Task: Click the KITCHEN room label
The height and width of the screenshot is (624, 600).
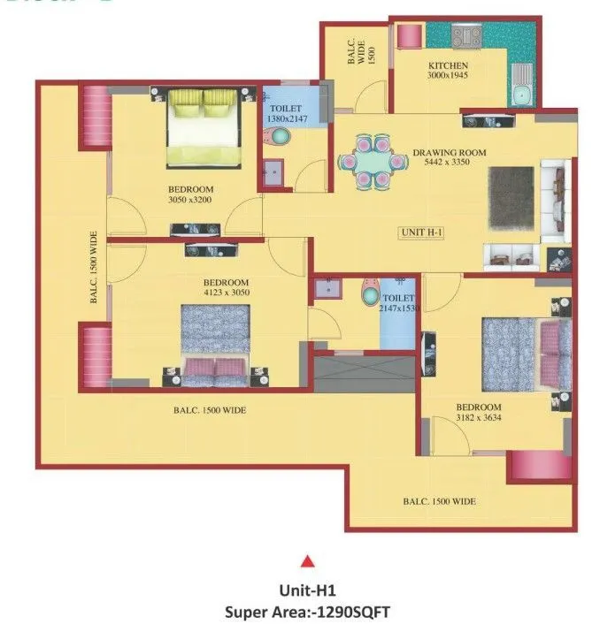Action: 448,66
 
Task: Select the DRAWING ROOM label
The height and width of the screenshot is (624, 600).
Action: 450,153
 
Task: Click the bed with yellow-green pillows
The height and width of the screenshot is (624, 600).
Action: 204,128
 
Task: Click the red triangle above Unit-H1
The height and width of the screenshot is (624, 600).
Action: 307,559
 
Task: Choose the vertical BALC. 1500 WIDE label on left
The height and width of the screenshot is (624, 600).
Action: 93,268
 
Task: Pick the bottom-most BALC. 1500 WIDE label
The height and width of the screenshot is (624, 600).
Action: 439,501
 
